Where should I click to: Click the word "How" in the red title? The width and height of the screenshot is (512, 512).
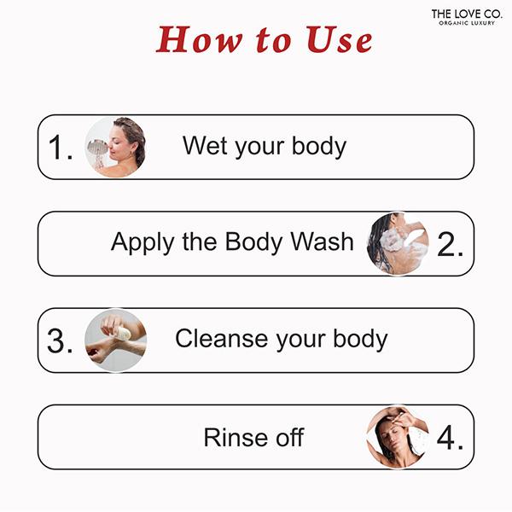[x=199, y=40]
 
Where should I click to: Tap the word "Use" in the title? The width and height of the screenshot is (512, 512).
[x=340, y=40]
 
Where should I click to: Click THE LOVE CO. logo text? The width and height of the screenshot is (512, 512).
[x=466, y=14]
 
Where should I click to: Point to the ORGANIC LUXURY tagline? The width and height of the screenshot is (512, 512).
[x=467, y=23]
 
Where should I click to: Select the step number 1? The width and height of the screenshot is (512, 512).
[x=61, y=148]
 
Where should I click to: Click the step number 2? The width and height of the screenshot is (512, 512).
[x=450, y=244]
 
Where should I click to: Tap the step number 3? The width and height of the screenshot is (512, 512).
[x=60, y=340]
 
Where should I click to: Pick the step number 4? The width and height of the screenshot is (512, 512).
[x=450, y=437]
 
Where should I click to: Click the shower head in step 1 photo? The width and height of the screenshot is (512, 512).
[x=97, y=147]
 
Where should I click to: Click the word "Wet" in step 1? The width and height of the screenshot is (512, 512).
[x=205, y=146]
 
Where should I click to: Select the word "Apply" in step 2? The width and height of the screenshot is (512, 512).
[x=142, y=243]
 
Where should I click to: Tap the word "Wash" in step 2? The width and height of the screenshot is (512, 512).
[x=322, y=242]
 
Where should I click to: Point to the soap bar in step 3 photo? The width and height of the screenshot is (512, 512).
[x=123, y=334]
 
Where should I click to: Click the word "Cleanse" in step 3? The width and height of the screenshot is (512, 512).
[x=222, y=338]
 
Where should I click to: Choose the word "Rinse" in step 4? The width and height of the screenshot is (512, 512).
[x=236, y=437]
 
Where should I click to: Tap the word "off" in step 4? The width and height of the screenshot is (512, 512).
[x=290, y=437]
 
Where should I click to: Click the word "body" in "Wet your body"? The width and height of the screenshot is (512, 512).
[x=319, y=147]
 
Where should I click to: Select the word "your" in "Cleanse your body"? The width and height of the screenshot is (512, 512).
[x=300, y=340]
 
